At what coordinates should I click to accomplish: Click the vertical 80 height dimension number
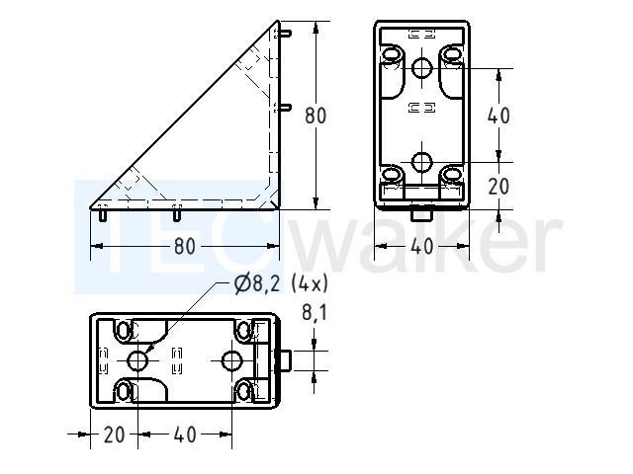[316, 116]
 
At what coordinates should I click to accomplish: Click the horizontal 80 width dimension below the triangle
[185, 246]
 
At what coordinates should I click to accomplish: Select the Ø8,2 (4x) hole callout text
[281, 284]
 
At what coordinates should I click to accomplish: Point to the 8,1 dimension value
[315, 312]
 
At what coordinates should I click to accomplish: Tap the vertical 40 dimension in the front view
[498, 116]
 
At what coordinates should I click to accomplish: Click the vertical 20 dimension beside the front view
[498, 187]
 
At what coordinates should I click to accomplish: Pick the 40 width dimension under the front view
[422, 246]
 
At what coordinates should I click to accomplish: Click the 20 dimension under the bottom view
[115, 434]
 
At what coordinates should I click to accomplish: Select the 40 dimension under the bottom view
[185, 434]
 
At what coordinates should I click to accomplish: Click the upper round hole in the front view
[422, 68]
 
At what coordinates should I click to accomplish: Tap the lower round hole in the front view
[422, 162]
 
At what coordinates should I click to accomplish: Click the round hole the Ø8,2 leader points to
[137, 360]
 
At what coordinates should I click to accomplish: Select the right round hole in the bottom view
[232, 360]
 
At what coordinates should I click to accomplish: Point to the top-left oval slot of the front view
[391, 54]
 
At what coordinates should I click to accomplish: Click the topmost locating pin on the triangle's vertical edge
[284, 34]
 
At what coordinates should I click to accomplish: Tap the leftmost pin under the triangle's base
[103, 213]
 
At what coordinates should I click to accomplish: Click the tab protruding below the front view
[422, 213]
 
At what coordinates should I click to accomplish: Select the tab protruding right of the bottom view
[284, 360]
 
